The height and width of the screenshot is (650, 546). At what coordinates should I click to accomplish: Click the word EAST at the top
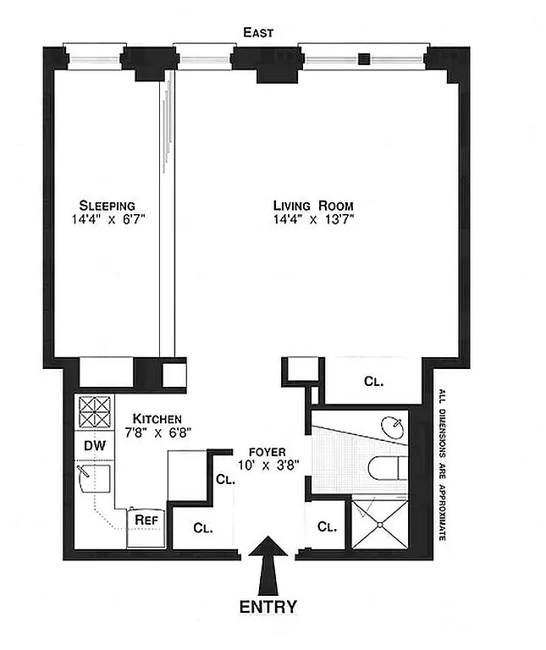[x=258, y=33]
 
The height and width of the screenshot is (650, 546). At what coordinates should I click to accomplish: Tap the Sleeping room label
[x=108, y=206]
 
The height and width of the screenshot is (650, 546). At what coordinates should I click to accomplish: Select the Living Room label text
[x=313, y=206]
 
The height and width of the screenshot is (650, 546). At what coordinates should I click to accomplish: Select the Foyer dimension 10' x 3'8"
[x=267, y=465]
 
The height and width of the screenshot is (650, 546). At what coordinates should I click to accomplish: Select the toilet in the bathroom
[x=385, y=468]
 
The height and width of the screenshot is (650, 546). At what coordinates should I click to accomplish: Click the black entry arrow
[x=270, y=564]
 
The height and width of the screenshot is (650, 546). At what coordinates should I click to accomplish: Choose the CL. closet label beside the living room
[x=373, y=381]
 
